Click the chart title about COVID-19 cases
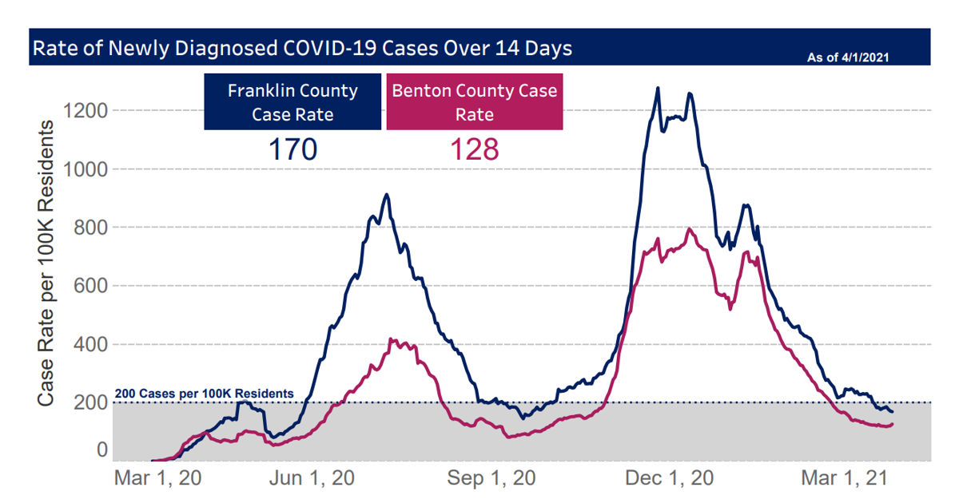(301, 48)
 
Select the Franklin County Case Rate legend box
(292, 102)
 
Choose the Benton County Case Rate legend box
(475, 102)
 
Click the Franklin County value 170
(292, 149)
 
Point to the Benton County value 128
(475, 149)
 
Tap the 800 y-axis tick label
(90, 228)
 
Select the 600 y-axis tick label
(90, 286)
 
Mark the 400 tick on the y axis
(90, 345)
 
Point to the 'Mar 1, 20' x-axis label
(158, 478)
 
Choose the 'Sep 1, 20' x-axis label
(491, 478)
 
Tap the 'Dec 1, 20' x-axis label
(669, 478)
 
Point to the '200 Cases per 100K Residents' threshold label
(204, 394)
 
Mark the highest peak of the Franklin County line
(658, 89)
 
